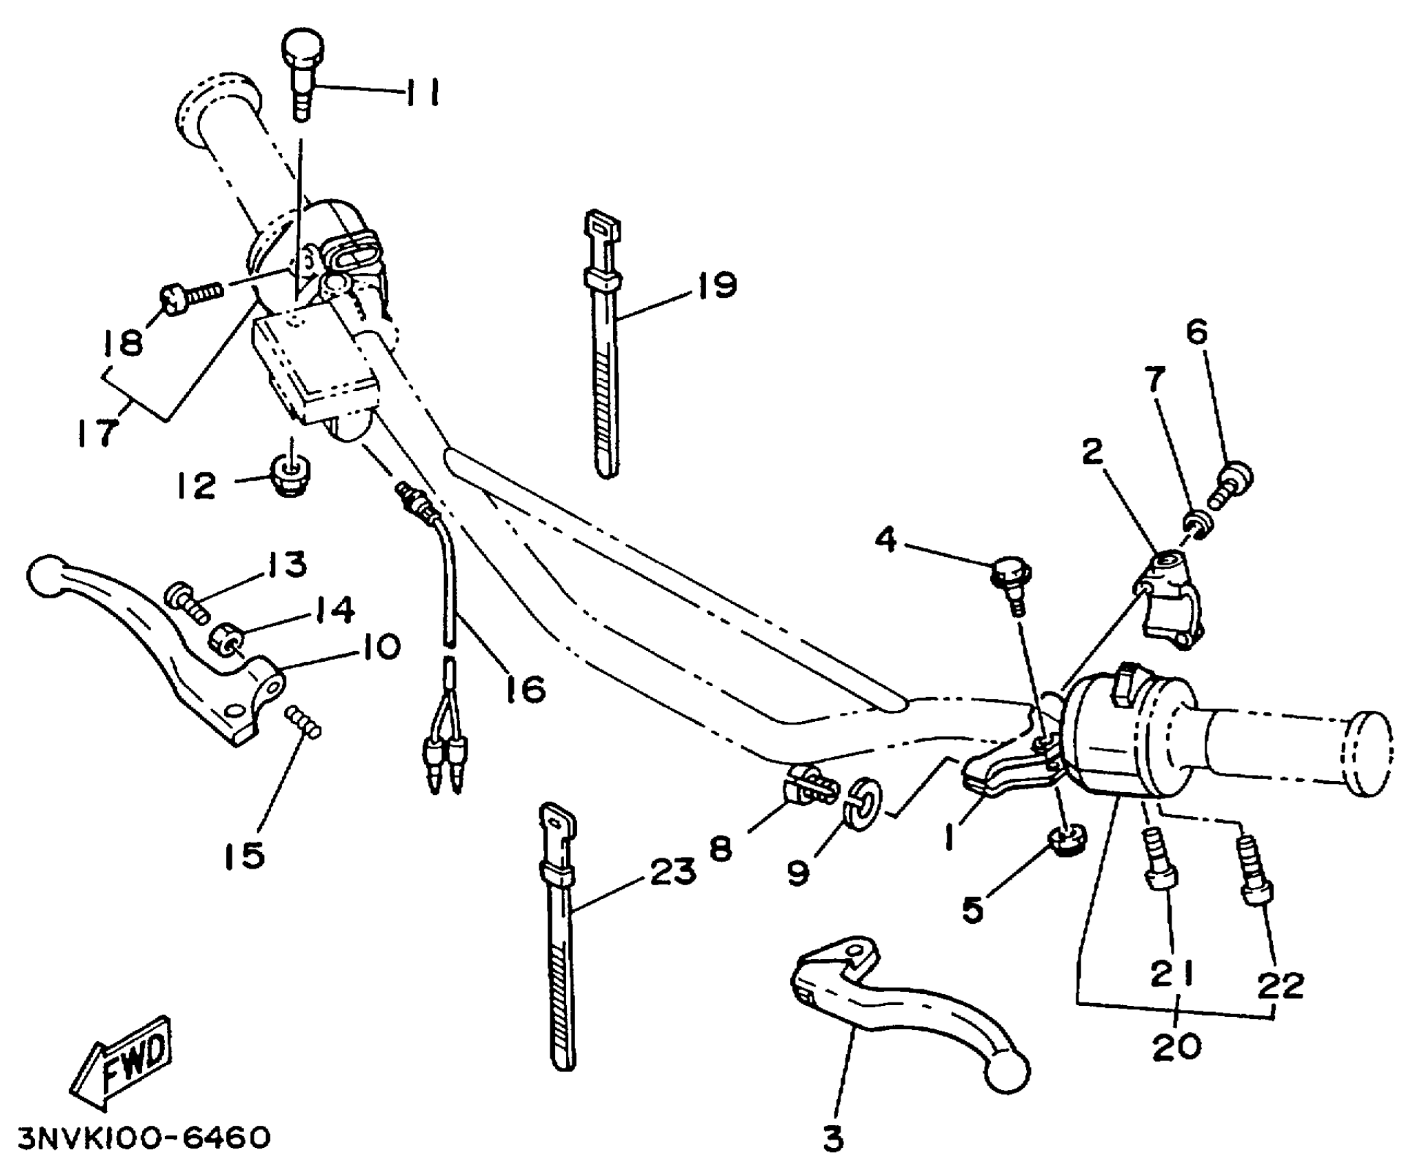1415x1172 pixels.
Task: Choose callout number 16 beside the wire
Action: tap(525, 688)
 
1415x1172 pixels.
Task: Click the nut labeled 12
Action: tap(292, 475)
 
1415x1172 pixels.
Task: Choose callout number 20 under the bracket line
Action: tap(1176, 1047)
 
